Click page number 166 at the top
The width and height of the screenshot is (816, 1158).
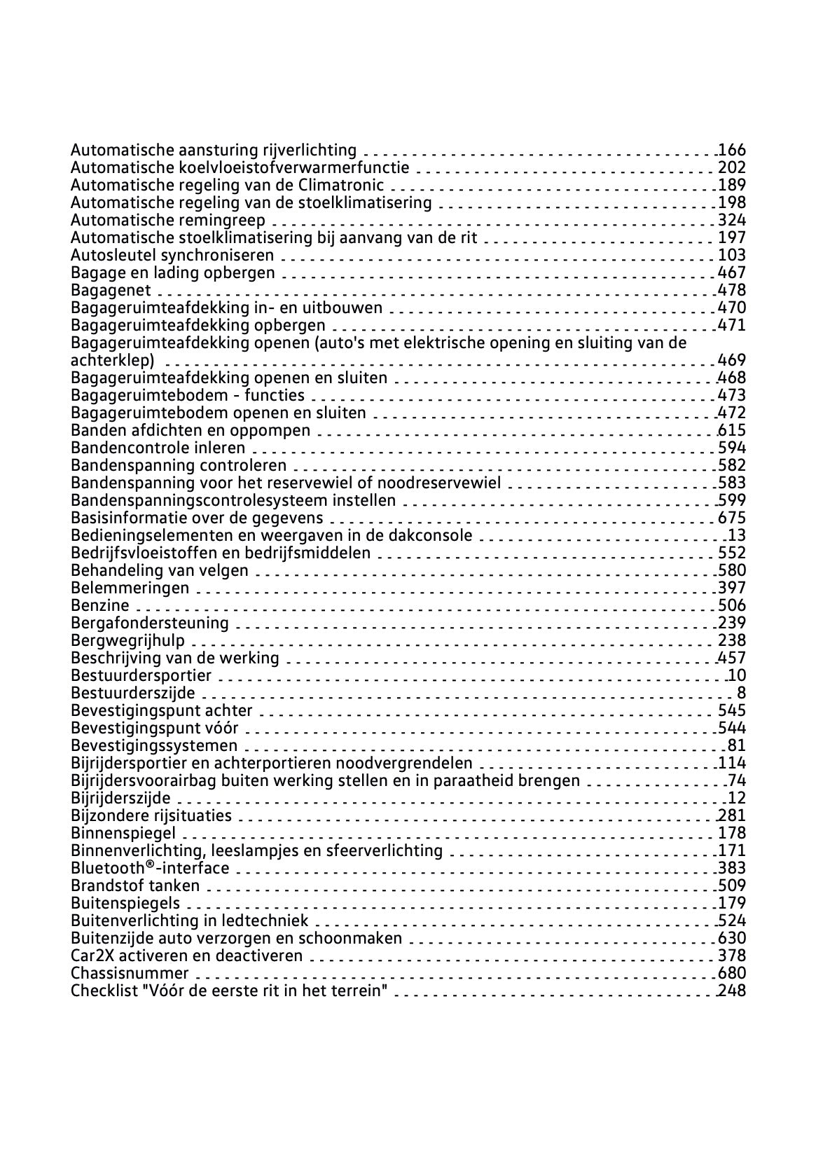tap(732, 150)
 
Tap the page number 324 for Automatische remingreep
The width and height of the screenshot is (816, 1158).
tap(732, 220)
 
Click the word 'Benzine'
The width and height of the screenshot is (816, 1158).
tap(100, 605)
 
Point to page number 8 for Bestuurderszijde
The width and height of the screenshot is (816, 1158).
tap(741, 694)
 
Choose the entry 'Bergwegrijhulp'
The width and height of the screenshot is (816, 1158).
tap(128, 640)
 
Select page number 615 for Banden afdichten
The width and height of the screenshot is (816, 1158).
tap(732, 430)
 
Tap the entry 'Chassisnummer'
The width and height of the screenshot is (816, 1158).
tap(130, 974)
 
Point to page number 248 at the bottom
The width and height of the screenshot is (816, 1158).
tap(732, 991)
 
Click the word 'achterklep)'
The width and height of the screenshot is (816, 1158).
tap(113, 361)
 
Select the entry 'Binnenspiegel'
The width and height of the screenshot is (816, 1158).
tap(123, 834)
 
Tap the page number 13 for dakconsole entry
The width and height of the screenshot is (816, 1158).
tap(737, 536)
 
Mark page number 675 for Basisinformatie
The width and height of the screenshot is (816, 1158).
tap(732, 518)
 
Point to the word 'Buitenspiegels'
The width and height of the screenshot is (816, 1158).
tap(125, 904)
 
